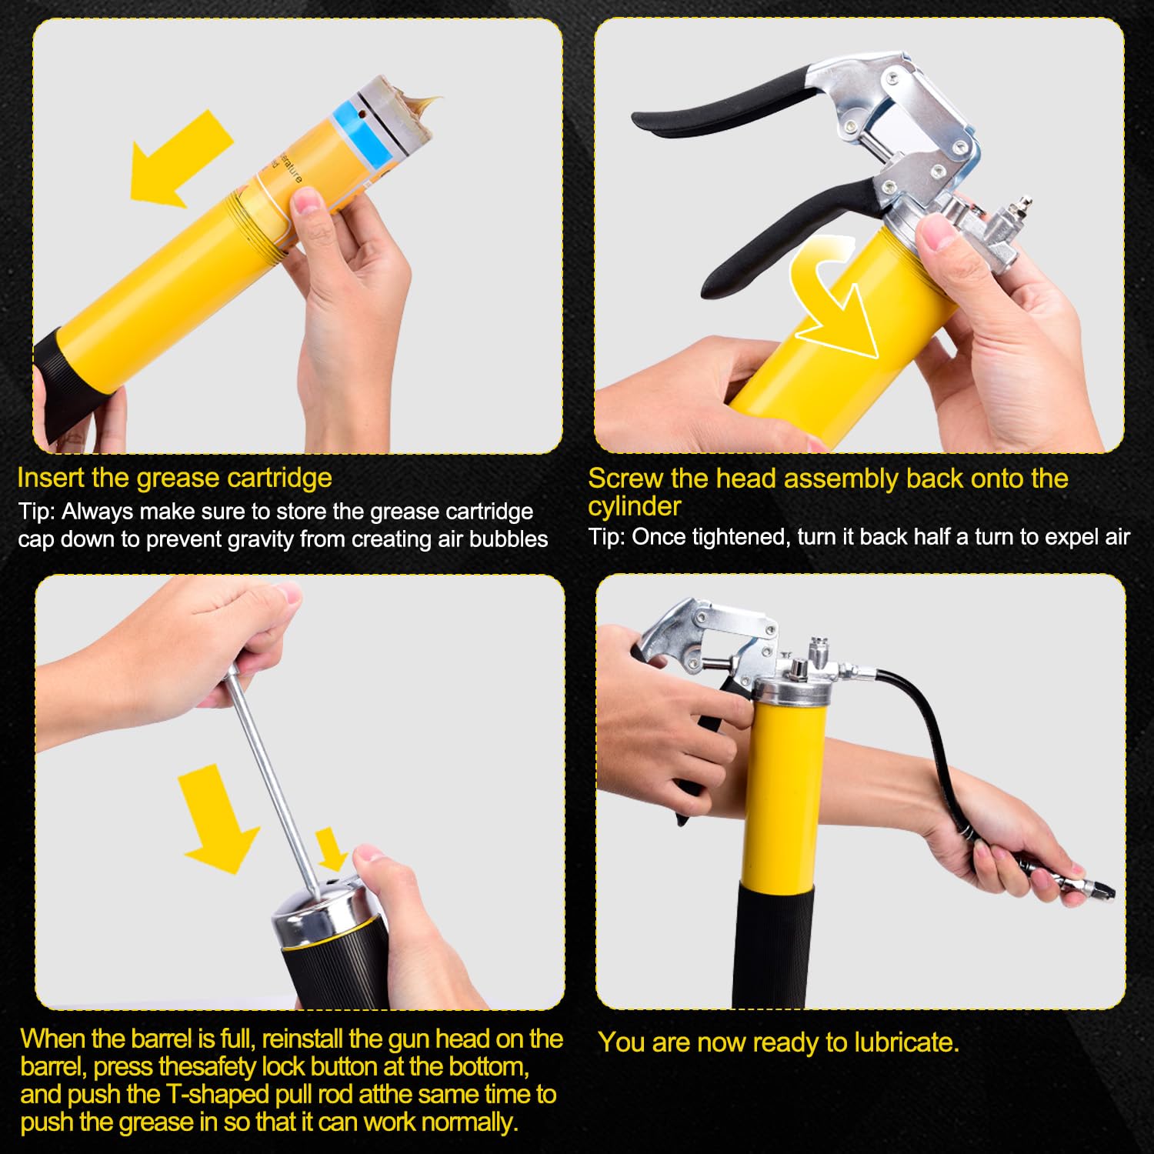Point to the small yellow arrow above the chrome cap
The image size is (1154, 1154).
click(x=333, y=847)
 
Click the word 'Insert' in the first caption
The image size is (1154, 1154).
click(x=51, y=478)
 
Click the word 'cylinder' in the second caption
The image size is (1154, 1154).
click(x=635, y=506)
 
